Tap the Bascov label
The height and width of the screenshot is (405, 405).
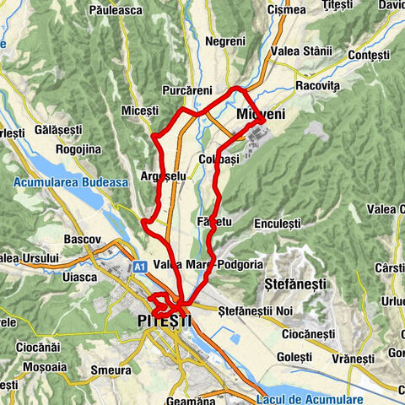click(83, 240)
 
